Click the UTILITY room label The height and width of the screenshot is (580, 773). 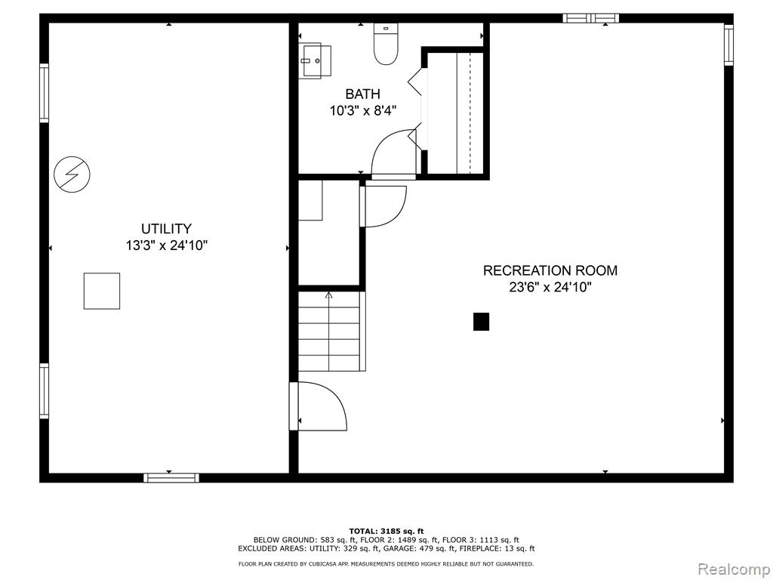[166, 229]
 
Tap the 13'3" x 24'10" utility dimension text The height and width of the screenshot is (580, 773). [166, 245]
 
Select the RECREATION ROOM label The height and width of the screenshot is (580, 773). [550, 270]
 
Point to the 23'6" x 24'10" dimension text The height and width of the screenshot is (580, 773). [550, 287]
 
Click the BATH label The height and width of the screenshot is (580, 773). [362, 94]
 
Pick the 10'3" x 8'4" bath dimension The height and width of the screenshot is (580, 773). [362, 111]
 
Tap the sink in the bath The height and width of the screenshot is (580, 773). [316, 60]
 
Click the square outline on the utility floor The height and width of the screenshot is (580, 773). [101, 291]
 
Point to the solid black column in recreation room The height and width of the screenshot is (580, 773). [481, 322]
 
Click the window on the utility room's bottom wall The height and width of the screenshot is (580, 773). [171, 477]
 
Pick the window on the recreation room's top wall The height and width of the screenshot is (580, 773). [590, 18]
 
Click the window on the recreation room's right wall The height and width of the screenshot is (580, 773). [728, 45]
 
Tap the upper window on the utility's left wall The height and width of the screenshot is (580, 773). [45, 93]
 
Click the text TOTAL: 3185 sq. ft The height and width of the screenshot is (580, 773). [386, 531]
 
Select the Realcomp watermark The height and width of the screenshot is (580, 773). [732, 568]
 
